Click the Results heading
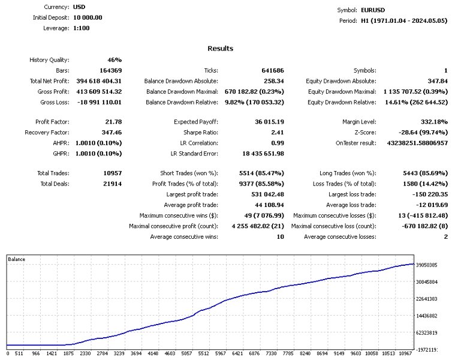(220, 49)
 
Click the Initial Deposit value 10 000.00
(88, 17)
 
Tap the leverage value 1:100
(82, 28)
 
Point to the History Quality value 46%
(114, 60)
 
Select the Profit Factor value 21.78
(113, 122)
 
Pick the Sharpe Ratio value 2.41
(276, 133)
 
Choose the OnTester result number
(414, 143)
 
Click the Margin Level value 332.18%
(433, 122)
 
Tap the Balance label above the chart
(16, 259)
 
